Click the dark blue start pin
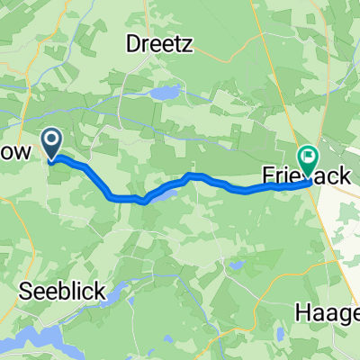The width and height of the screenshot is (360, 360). pyautogui.click(x=52, y=142)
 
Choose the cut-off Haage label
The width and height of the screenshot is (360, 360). pyautogui.click(x=328, y=313)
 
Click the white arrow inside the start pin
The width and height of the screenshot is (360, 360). pyautogui.click(x=52, y=139)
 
